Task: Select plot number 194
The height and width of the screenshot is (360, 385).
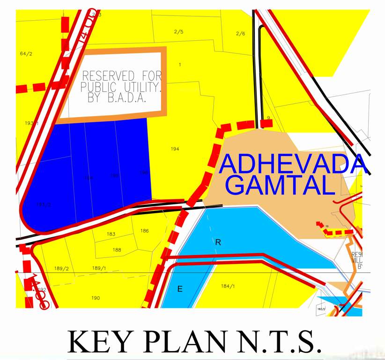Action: [175, 149]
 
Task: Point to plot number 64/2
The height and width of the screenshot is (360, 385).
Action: [26, 54]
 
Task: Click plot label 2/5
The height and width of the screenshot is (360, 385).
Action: [178, 32]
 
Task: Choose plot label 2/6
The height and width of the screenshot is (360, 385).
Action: [240, 33]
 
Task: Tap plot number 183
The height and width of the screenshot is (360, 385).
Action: [111, 234]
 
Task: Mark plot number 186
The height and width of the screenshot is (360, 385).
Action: [144, 231]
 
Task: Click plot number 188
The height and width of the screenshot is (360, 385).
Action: [117, 250]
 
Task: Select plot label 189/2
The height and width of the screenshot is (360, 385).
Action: [61, 269]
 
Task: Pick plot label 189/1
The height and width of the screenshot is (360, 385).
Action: [99, 268]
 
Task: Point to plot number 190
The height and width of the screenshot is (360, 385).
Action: [96, 298]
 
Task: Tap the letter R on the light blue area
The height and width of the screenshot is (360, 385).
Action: [218, 242]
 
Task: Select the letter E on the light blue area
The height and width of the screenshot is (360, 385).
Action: [179, 289]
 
